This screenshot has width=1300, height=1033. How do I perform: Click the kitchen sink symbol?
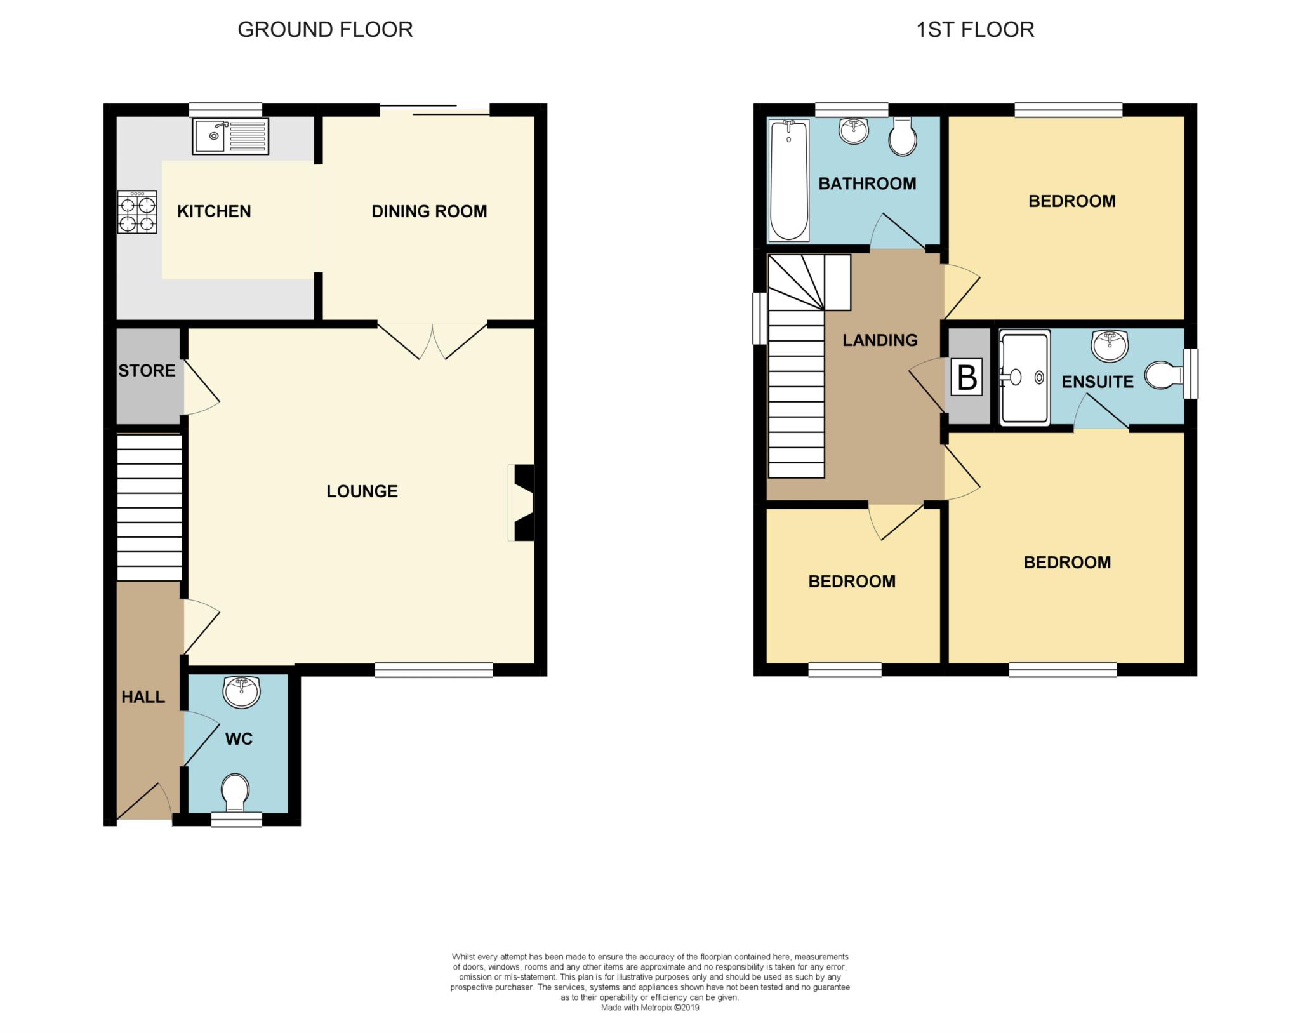coord(230,136)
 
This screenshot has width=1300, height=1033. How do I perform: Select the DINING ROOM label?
coord(429,211)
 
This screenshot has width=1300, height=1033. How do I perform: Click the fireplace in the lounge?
coord(522,503)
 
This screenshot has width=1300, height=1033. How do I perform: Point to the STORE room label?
coord(147,371)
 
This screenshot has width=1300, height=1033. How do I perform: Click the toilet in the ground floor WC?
coord(235,792)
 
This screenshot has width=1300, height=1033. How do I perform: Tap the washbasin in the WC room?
coord(241,691)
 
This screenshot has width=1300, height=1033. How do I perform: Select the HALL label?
coord(143,697)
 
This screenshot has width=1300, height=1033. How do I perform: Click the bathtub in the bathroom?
coord(788,180)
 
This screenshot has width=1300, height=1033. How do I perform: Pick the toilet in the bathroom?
coord(902,137)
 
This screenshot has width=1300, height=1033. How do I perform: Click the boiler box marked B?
coord(967,377)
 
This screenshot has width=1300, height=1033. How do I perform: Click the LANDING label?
coord(880,340)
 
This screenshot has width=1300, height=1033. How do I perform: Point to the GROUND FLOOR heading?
coord(325,30)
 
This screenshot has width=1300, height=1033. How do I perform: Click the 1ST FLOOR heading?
coord(975,30)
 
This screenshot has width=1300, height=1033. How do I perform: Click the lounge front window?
coord(434,670)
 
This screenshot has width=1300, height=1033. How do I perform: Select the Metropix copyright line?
coord(650,1008)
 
